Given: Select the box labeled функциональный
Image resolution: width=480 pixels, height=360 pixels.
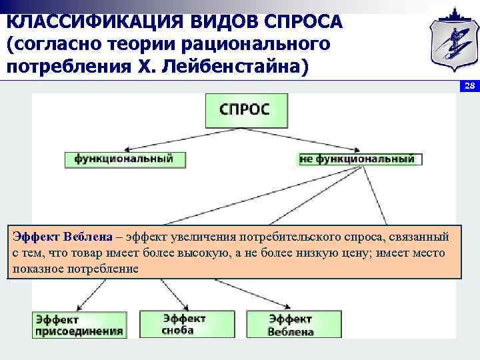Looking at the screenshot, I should pos(125,159).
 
